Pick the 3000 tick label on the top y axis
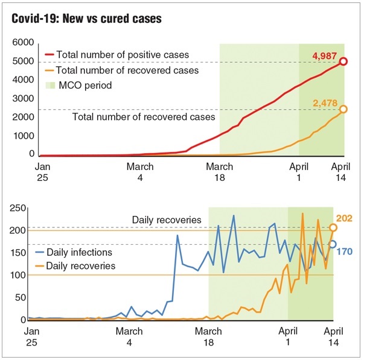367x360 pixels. (x=24, y=99)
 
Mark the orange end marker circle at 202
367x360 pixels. (x=333, y=228)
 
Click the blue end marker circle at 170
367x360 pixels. (x=333, y=244)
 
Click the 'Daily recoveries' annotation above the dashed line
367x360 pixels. (x=167, y=219)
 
